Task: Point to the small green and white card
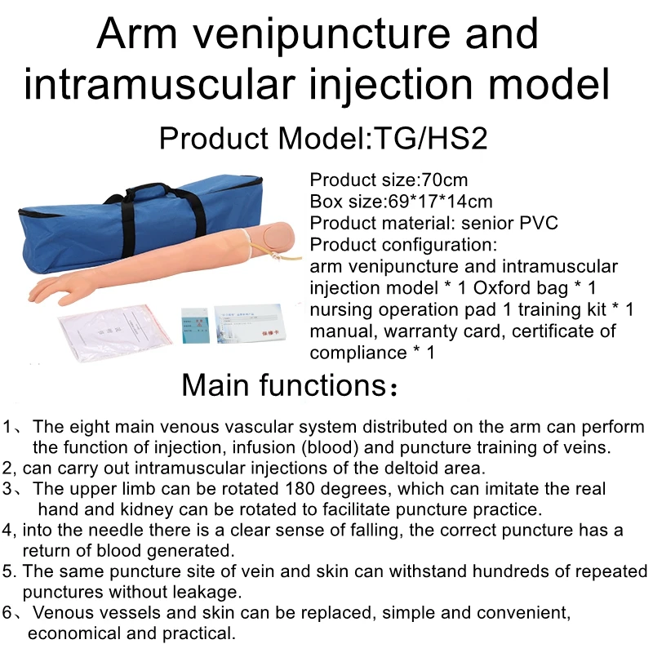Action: pos(194,327)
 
